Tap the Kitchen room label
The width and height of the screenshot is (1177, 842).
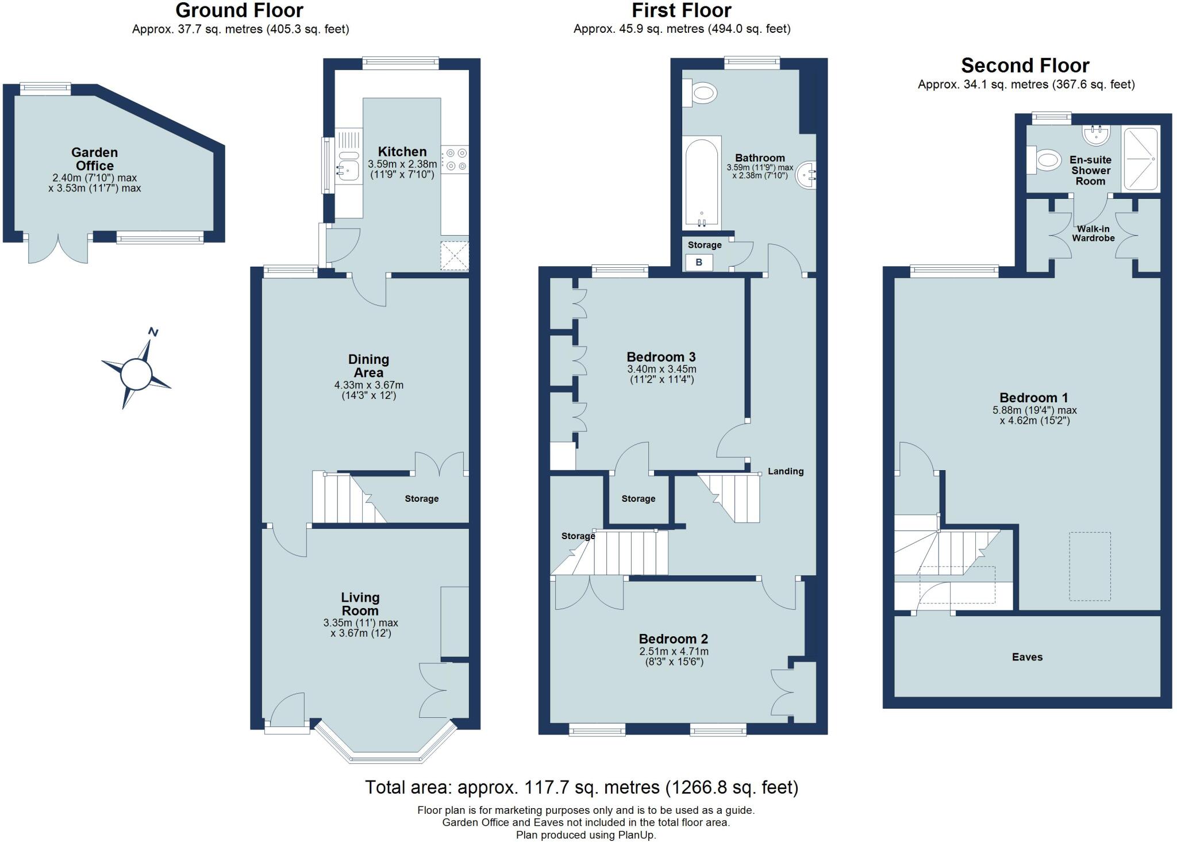pyautogui.click(x=402, y=152)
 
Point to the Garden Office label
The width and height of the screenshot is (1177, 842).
pyautogui.click(x=94, y=159)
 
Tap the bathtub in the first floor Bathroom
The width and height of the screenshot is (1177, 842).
pyautogui.click(x=701, y=183)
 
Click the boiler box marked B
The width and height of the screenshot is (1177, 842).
pyautogui.click(x=699, y=263)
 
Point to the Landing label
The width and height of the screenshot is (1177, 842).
pyautogui.click(x=785, y=471)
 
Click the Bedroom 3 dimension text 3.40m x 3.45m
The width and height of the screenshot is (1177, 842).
pyautogui.click(x=661, y=369)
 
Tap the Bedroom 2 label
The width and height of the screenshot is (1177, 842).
pyautogui.click(x=673, y=639)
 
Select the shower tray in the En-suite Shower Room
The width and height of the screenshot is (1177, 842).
pyautogui.click(x=1140, y=159)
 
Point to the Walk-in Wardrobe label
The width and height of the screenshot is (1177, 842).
pyautogui.click(x=1093, y=233)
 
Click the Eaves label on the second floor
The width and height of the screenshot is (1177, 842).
pyautogui.click(x=1027, y=657)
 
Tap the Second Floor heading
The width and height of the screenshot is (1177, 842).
pyautogui.click(x=1025, y=66)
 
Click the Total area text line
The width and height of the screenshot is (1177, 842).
pyautogui.click(x=581, y=787)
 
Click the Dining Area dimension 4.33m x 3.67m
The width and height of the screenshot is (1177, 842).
pyautogui.click(x=368, y=385)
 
